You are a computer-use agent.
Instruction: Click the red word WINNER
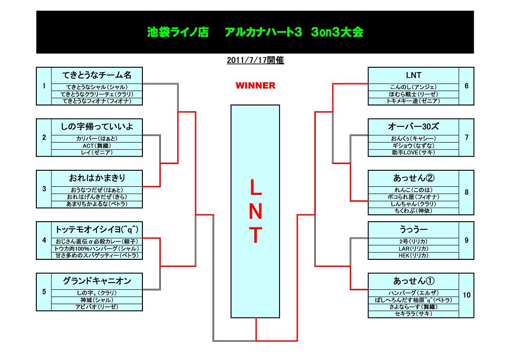(255, 86)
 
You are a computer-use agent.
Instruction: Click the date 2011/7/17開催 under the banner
(255, 60)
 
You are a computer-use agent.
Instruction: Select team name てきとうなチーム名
(97, 75)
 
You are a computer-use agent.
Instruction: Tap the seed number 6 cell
(466, 86)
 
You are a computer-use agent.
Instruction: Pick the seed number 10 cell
(466, 295)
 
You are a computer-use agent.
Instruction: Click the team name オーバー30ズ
(414, 127)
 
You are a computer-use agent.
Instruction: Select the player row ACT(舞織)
(97, 146)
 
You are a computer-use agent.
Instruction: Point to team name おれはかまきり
(97, 178)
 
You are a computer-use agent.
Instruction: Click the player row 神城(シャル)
(97, 300)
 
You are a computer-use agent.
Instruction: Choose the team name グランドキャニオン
(97, 281)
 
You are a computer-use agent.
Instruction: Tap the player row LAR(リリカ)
(414, 249)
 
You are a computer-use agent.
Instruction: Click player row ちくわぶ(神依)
(414, 211)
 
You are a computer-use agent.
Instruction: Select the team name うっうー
(414, 230)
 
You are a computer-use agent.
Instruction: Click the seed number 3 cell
(44, 189)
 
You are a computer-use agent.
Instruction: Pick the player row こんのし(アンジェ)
(414, 87)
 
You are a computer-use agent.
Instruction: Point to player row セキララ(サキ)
(414, 314)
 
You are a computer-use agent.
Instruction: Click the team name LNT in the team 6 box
(414, 75)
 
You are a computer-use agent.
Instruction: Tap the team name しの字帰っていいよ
(97, 127)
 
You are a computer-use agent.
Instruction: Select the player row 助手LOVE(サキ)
(414, 153)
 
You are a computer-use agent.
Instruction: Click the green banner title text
(255, 32)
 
